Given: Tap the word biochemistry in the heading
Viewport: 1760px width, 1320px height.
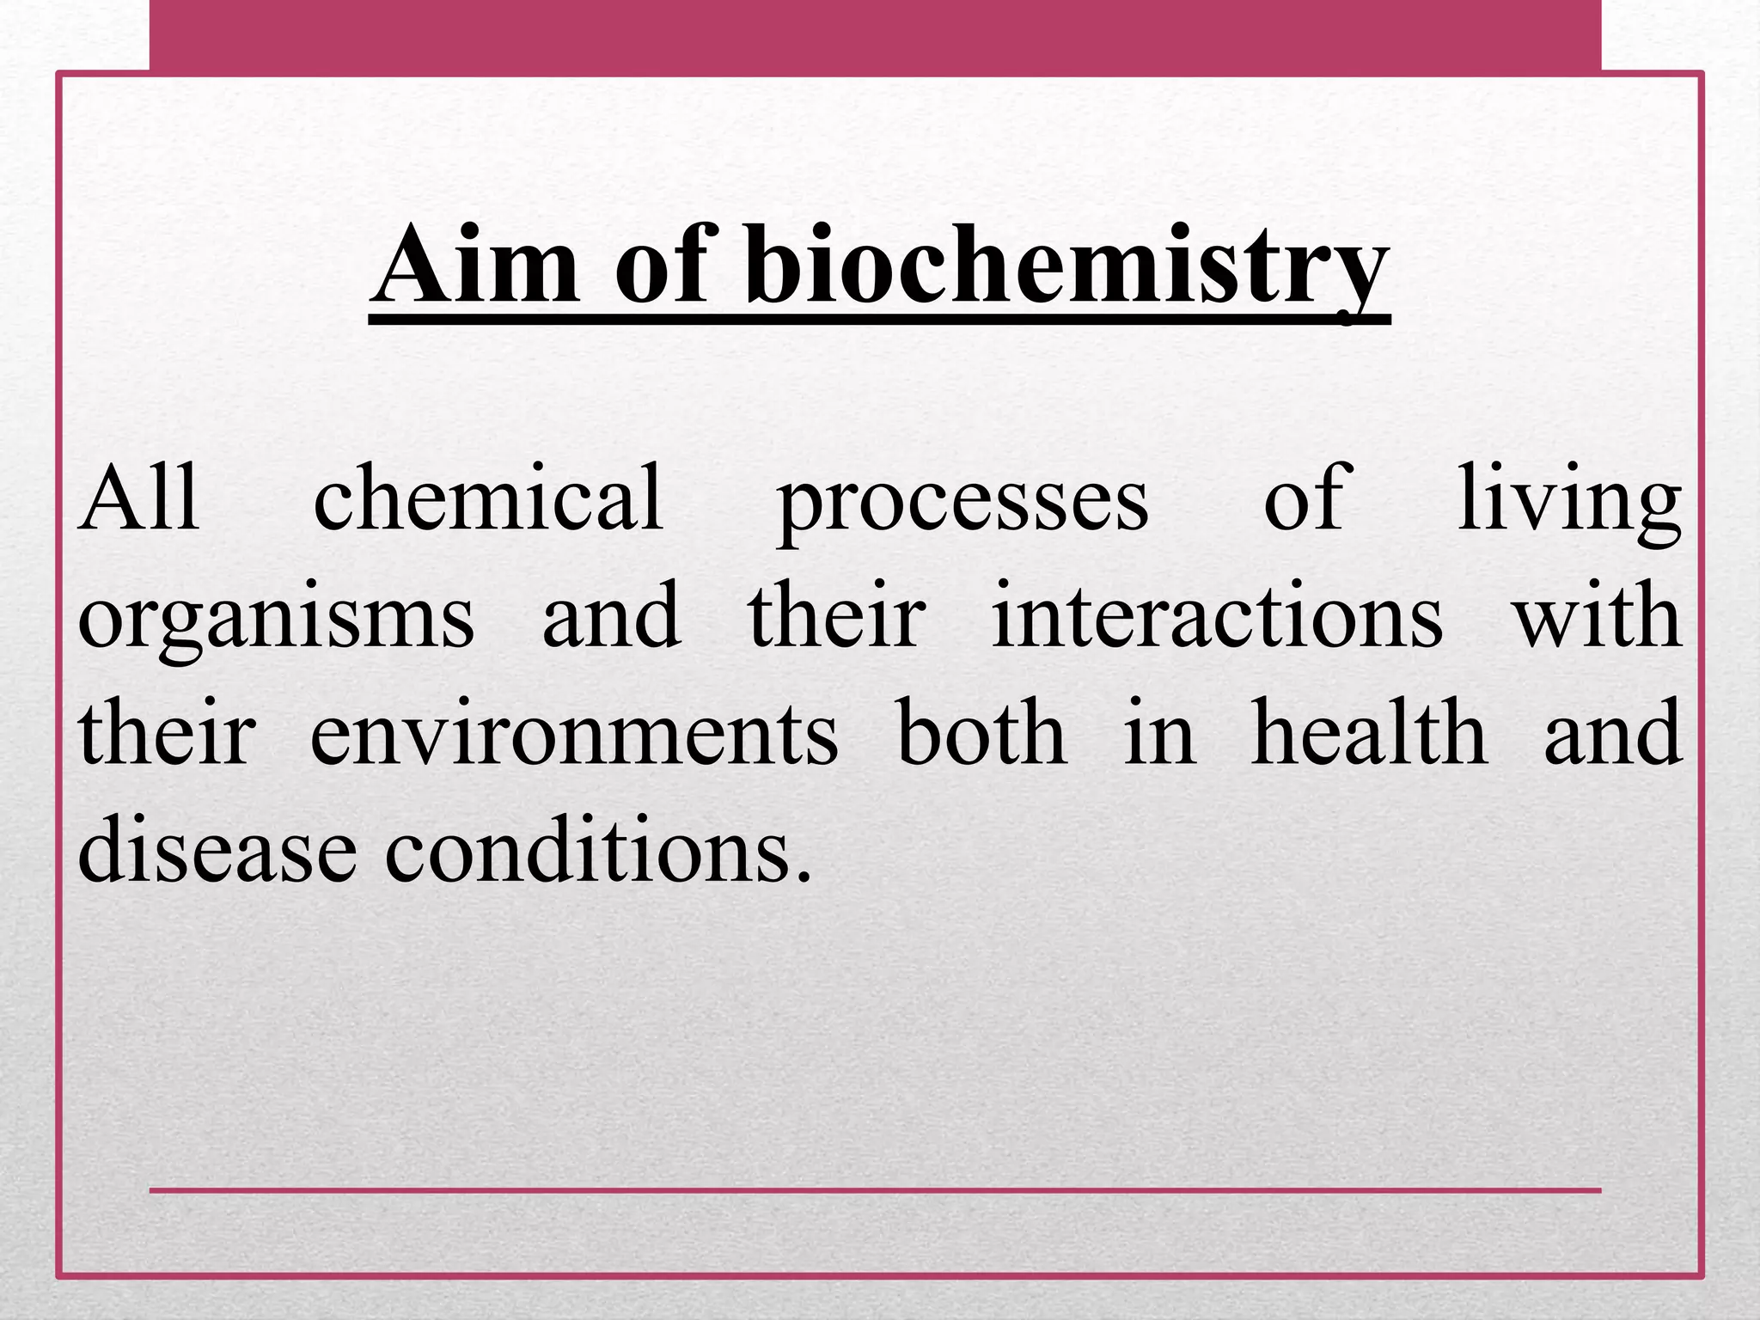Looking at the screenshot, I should [1066, 266].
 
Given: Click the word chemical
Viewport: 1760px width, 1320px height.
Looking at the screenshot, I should [488, 498].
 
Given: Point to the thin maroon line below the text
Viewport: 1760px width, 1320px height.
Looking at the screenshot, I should [875, 1190].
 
